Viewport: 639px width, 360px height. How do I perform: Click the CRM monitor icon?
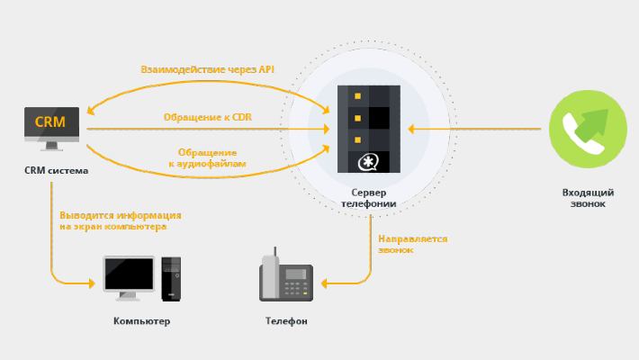(51, 126)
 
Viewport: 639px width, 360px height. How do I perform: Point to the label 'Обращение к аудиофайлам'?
(207, 158)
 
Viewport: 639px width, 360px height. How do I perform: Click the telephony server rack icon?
(369, 129)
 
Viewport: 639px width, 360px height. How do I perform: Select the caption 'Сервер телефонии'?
(368, 198)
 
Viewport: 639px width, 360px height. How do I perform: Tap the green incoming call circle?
(583, 130)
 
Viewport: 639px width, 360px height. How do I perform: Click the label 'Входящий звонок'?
(583, 198)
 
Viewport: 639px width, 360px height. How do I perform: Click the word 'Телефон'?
(286, 321)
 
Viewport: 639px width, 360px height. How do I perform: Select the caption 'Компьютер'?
(141, 321)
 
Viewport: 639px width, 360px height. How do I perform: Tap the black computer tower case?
(171, 278)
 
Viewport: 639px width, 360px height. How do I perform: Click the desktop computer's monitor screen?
(129, 272)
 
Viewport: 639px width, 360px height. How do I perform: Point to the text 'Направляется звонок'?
(413, 244)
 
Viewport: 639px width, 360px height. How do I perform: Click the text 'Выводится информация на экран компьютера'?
(120, 220)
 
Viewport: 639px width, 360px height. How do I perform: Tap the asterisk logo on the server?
(368, 162)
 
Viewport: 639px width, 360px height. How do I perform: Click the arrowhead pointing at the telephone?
(326, 284)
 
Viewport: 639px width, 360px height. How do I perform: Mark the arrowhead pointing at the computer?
(91, 283)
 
